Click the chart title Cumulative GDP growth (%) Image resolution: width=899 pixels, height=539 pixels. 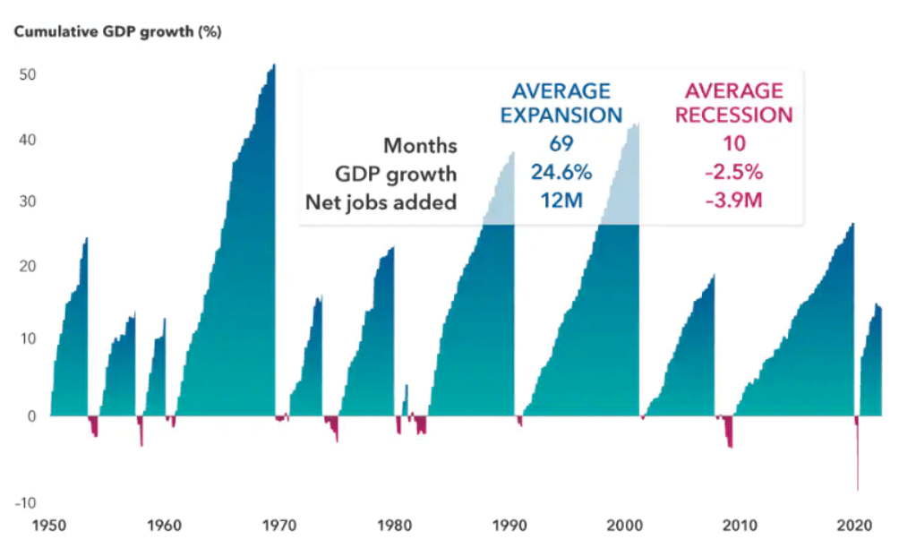pyautogui.click(x=116, y=32)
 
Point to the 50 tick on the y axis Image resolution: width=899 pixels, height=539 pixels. pyautogui.click(x=27, y=74)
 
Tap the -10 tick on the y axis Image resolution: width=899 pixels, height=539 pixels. pyautogui.click(x=25, y=503)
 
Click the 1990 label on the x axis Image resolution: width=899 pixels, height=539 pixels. pyautogui.click(x=511, y=525)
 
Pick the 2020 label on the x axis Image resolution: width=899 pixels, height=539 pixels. pyautogui.click(x=855, y=525)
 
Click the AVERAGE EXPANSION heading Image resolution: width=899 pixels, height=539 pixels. pyautogui.click(x=561, y=103)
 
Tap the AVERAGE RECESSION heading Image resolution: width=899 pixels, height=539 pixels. pyautogui.click(x=733, y=103)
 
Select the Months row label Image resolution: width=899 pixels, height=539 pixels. pyautogui.click(x=420, y=145)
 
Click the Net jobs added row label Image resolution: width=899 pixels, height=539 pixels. pyautogui.click(x=381, y=201)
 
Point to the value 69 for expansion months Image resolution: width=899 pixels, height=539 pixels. pyautogui.click(x=561, y=144)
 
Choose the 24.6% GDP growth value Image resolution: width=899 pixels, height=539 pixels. pyautogui.click(x=561, y=173)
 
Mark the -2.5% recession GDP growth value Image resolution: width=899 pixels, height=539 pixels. pyautogui.click(x=734, y=173)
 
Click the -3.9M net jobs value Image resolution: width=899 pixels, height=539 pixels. pyautogui.click(x=734, y=201)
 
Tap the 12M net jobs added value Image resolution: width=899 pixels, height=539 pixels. pyautogui.click(x=561, y=201)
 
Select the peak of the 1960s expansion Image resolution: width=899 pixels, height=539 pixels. pyautogui.click(x=273, y=66)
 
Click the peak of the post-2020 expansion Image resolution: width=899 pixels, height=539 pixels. pyautogui.click(x=878, y=306)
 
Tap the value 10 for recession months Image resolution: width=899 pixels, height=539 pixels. pyautogui.click(x=734, y=144)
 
